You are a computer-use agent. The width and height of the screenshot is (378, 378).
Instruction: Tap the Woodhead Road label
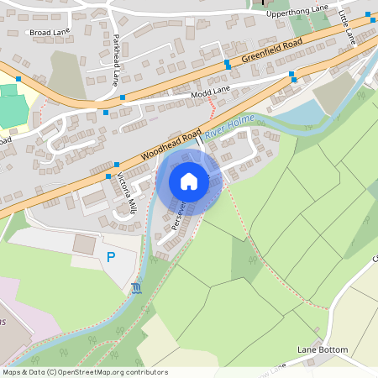pos(171,144)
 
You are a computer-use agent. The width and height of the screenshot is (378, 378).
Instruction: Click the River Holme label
pos(228,126)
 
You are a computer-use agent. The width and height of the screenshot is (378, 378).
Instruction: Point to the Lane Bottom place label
pos(323,349)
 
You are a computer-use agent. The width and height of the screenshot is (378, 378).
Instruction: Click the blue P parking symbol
pos(110,256)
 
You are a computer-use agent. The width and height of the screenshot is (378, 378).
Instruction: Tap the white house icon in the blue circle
pos(189,181)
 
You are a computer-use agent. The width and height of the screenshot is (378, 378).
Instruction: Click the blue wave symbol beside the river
pos(136,290)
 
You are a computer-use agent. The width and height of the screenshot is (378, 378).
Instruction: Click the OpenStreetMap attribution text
pos(85,371)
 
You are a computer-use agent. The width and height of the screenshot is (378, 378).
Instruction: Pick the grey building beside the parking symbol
pos(84,245)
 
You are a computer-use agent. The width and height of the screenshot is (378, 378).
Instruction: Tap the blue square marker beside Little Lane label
pos(368,15)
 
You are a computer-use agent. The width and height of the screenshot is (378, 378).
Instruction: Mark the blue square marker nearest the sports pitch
pos(18,78)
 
